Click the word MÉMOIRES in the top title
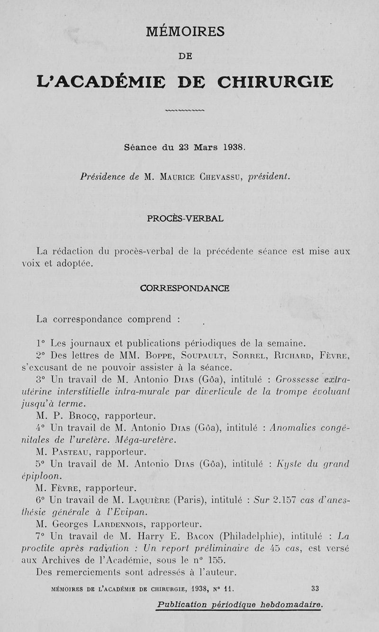click(185, 32)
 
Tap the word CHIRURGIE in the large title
click(275, 82)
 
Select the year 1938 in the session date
click(233, 147)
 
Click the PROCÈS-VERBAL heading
click(185, 219)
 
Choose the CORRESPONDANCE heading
click(185, 288)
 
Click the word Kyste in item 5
click(290, 463)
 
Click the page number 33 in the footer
click(315, 588)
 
